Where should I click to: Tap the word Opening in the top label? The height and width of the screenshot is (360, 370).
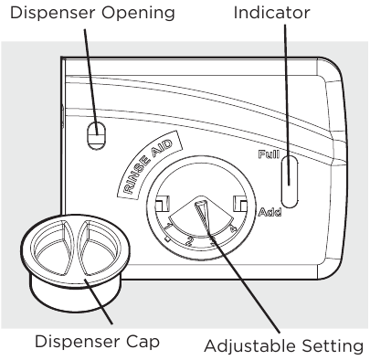point(147,15)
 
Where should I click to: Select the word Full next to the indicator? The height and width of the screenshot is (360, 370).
point(269,155)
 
